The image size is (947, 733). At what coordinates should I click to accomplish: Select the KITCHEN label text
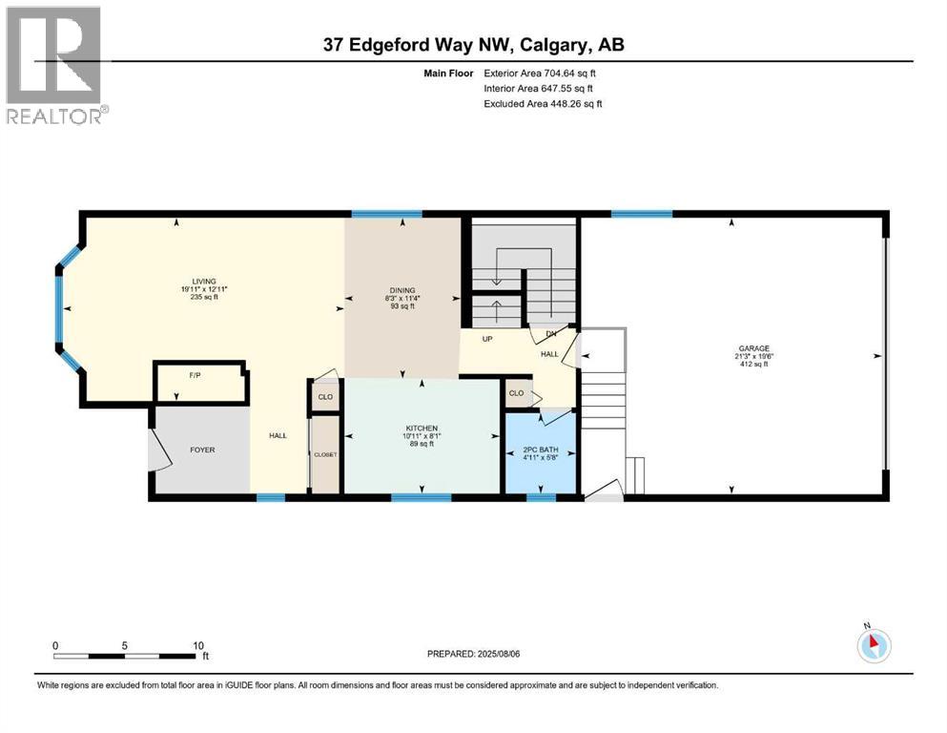(422, 429)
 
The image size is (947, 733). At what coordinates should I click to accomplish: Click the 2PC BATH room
(540, 450)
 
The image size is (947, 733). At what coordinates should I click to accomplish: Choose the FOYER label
(202, 450)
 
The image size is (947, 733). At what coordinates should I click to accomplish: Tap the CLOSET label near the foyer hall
(325, 454)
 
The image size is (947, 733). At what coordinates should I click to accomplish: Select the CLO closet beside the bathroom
(516, 393)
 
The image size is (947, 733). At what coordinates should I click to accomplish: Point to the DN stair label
(550, 334)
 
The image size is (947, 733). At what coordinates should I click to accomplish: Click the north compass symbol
(873, 645)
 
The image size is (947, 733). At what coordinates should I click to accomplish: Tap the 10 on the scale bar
(197, 645)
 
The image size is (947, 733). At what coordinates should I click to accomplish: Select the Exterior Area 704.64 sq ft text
(541, 73)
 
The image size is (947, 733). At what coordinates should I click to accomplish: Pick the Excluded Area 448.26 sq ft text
(543, 103)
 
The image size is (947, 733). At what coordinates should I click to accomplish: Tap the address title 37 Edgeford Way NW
(420, 45)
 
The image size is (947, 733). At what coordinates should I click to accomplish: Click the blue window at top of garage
(641, 213)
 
